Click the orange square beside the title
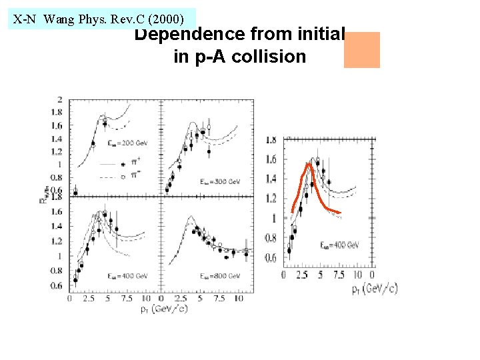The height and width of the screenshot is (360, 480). pos(361,50)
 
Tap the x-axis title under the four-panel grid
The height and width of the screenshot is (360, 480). pos(164,308)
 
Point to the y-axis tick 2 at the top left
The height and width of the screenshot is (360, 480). pos(61,99)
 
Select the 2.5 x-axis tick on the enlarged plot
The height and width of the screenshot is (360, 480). pos(301,275)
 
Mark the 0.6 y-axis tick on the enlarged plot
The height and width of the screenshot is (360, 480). pos(271,258)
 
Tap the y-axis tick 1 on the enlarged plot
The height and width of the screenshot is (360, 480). pos(274,219)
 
